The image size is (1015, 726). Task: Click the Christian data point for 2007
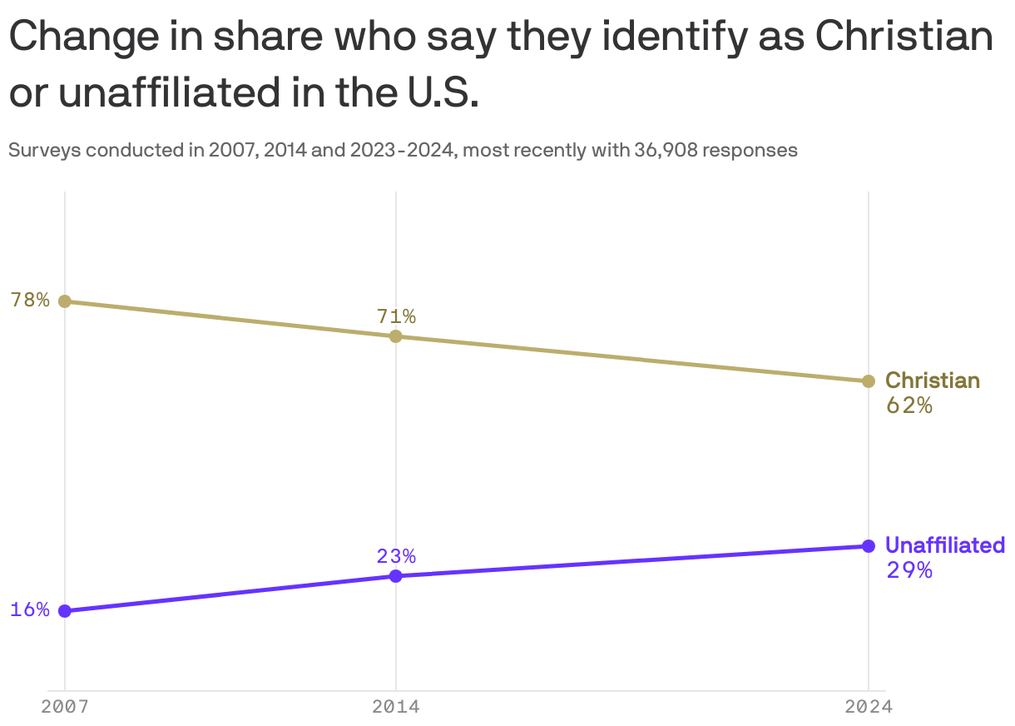click(x=65, y=301)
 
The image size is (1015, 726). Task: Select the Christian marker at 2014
click(x=396, y=336)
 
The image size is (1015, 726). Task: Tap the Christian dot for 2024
click(x=869, y=381)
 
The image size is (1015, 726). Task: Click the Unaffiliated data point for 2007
click(x=65, y=611)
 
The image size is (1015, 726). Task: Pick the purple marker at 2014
click(x=396, y=576)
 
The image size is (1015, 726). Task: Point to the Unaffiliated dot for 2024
click(x=869, y=546)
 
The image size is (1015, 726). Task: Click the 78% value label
click(x=30, y=301)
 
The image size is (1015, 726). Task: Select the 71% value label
click(x=396, y=316)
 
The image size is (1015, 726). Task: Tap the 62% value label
click(x=909, y=406)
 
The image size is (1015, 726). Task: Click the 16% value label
click(x=30, y=610)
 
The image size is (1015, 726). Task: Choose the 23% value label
click(x=396, y=556)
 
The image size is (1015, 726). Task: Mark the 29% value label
click(x=909, y=571)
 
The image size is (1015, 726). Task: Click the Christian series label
click(x=933, y=380)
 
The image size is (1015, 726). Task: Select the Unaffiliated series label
click(x=945, y=545)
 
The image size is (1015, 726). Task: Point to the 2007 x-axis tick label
click(x=65, y=708)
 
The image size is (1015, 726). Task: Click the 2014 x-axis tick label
click(x=396, y=708)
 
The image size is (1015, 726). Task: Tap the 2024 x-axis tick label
click(x=869, y=708)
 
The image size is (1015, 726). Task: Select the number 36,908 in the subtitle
click(x=666, y=151)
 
